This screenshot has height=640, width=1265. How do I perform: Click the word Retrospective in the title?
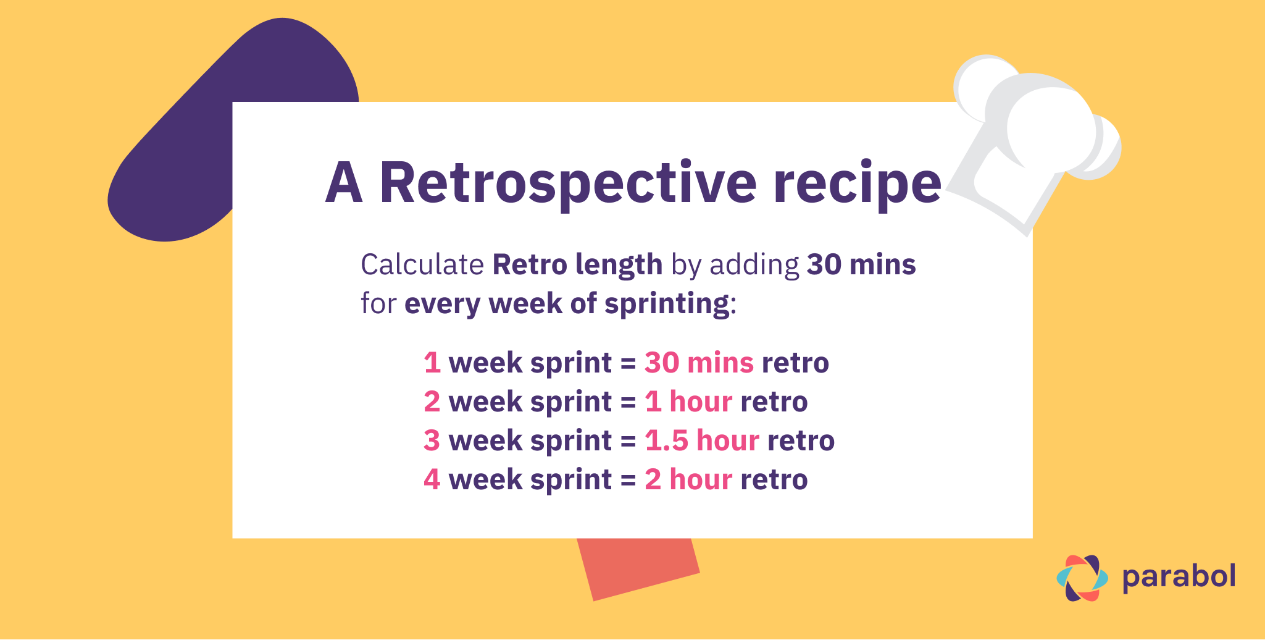(567, 183)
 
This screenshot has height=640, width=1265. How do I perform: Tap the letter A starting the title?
(343, 183)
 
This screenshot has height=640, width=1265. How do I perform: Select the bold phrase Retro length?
(577, 265)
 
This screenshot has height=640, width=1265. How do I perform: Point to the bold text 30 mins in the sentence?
(861, 264)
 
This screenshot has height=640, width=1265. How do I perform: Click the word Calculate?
(422, 265)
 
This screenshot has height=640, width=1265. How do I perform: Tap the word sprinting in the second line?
(667, 304)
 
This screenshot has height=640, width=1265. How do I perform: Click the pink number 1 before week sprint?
(432, 363)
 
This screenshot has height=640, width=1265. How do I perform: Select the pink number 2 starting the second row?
(432, 402)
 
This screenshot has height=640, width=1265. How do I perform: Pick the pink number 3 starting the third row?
(432, 440)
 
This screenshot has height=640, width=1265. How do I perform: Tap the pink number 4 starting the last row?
(432, 479)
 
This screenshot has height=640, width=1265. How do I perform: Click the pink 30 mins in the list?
(699, 363)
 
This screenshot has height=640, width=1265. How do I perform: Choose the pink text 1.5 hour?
(702, 440)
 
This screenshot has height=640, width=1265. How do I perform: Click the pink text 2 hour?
(688, 479)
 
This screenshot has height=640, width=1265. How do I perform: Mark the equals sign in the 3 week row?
(628, 441)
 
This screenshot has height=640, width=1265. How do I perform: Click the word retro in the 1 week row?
(795, 363)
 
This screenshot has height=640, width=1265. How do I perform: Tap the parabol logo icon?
(1082, 578)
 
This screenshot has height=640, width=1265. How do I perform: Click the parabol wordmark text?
(1179, 577)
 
